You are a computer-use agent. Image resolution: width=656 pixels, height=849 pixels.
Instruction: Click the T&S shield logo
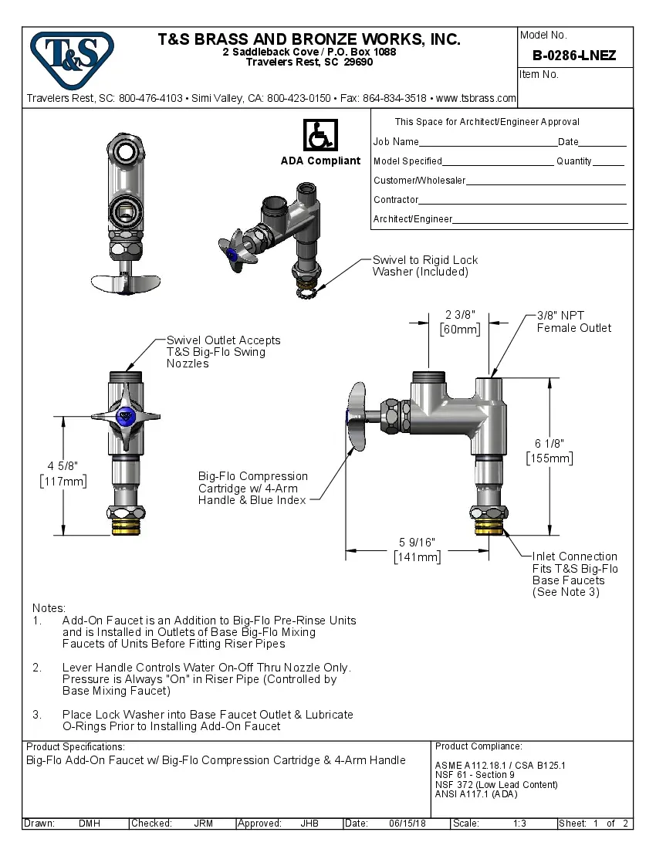tap(72, 59)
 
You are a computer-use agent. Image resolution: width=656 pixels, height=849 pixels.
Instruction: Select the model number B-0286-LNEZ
tap(574, 56)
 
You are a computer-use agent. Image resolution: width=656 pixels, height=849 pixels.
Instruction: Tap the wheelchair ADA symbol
tap(320, 135)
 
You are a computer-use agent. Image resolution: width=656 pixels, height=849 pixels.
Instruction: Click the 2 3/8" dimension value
tap(460, 314)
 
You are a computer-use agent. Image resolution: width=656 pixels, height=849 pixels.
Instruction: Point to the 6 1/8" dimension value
tap(549, 444)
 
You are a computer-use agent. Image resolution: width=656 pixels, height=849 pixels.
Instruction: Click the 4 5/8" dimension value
tap(63, 465)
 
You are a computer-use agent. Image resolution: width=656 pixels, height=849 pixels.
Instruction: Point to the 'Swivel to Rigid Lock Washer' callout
tap(425, 266)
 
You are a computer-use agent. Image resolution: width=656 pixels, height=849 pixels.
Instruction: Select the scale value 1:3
tap(520, 824)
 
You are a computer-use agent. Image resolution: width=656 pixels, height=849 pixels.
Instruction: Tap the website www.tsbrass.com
tap(475, 98)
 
